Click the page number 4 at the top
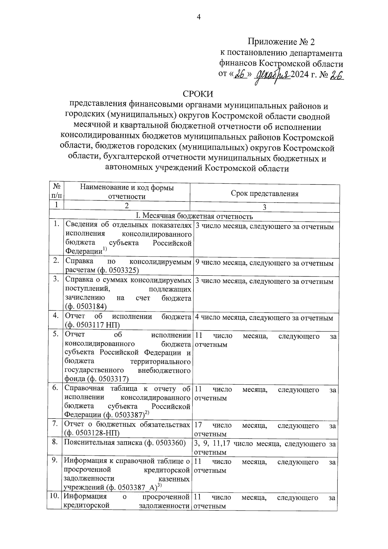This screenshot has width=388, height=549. [199, 17]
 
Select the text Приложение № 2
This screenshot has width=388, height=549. [281, 42]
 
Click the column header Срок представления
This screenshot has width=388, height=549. [264, 193]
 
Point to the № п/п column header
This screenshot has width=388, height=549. [56, 191]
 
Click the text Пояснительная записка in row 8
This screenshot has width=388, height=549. [103, 443]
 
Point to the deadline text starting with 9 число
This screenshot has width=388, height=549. [264, 263]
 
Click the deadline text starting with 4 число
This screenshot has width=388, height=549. [264, 318]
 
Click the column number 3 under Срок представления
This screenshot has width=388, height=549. [264, 207]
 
